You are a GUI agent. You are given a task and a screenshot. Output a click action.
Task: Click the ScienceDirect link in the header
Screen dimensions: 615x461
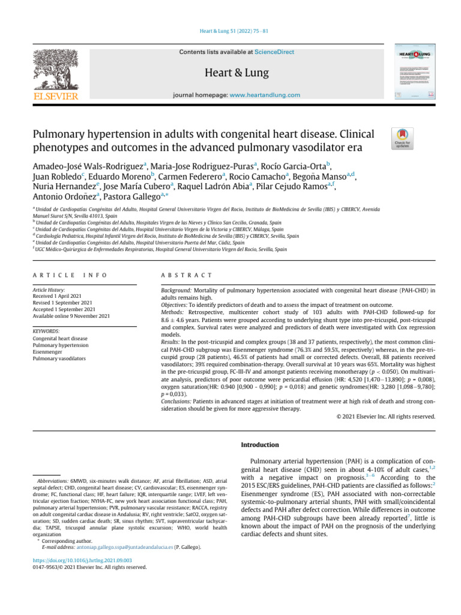pyautogui.click(x=274, y=52)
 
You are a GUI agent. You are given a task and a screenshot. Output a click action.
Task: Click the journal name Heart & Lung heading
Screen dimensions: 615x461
pyautogui.click(x=237, y=73)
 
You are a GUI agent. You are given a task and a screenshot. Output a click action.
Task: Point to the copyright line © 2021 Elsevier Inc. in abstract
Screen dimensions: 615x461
pyautogui.click(x=385, y=416)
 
